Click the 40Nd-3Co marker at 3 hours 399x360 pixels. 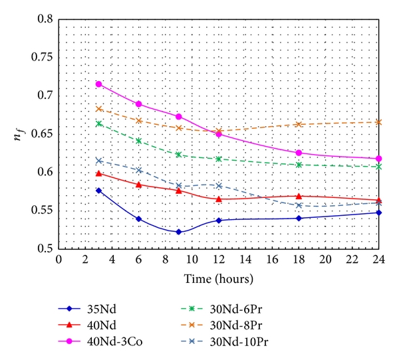[x=98, y=84]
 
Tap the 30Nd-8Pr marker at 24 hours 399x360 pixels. [x=379, y=122]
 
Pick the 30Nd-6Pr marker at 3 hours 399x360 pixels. [x=98, y=124]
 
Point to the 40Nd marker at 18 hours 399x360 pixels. [x=299, y=196]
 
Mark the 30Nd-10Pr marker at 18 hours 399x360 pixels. [x=299, y=205]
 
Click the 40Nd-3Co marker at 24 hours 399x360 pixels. [x=379, y=159]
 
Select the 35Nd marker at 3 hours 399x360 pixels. [x=98, y=191]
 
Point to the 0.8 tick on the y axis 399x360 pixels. [x=45, y=20]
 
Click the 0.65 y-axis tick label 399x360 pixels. [x=42, y=134]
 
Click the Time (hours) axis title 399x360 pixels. [x=218, y=274]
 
